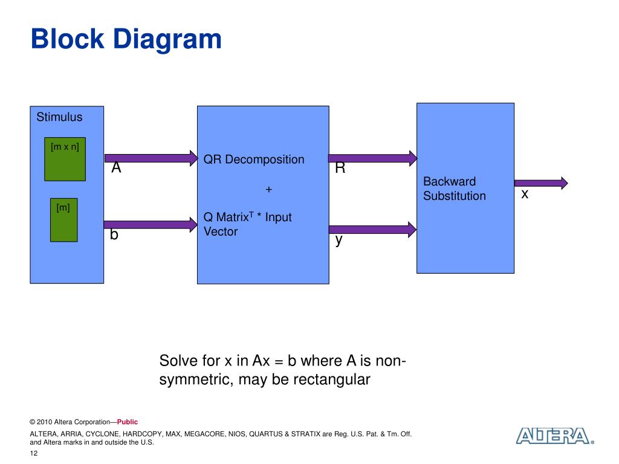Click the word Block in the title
click(x=68, y=39)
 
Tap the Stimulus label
click(x=60, y=117)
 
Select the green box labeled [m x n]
click(x=65, y=159)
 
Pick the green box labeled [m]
click(x=64, y=220)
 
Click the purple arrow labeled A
click(x=151, y=158)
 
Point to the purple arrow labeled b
click(x=151, y=225)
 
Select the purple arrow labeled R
click(x=373, y=158)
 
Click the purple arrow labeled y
click(x=372, y=229)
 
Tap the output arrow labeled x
click(x=541, y=183)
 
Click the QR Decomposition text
click(x=254, y=159)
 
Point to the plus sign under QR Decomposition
click(x=269, y=189)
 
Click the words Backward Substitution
click(x=455, y=188)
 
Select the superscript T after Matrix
click(x=251, y=214)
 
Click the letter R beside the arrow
click(x=340, y=168)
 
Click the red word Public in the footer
click(x=128, y=422)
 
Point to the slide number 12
click(x=34, y=453)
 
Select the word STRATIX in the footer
click(x=306, y=434)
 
